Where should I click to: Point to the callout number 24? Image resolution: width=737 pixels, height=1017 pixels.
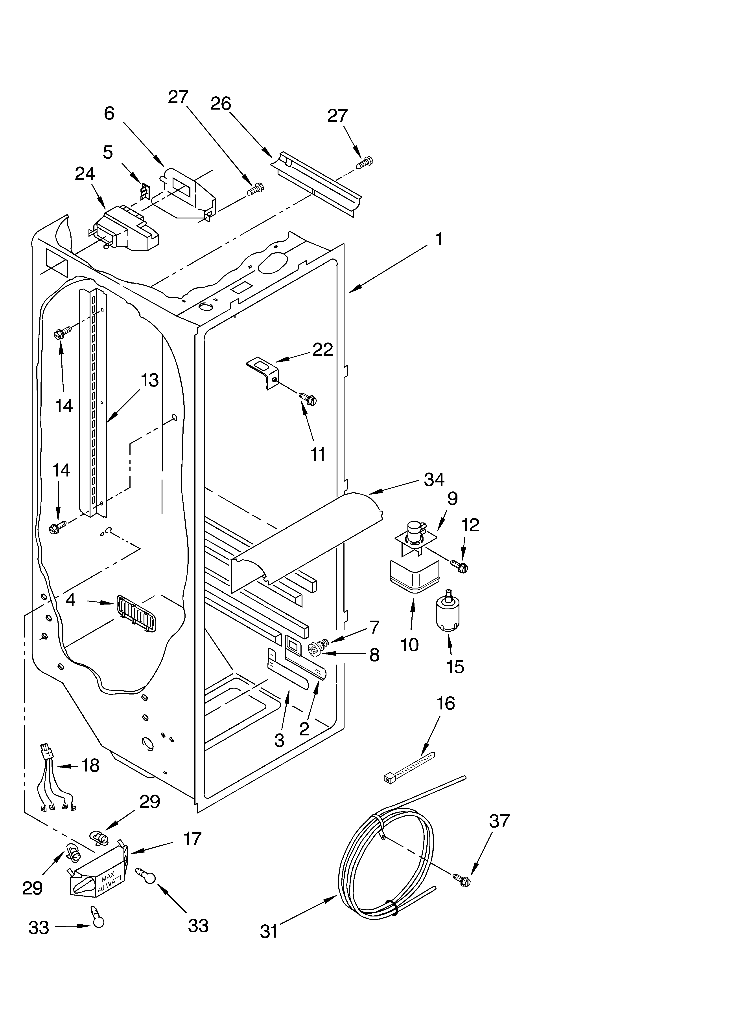pyautogui.click(x=85, y=174)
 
